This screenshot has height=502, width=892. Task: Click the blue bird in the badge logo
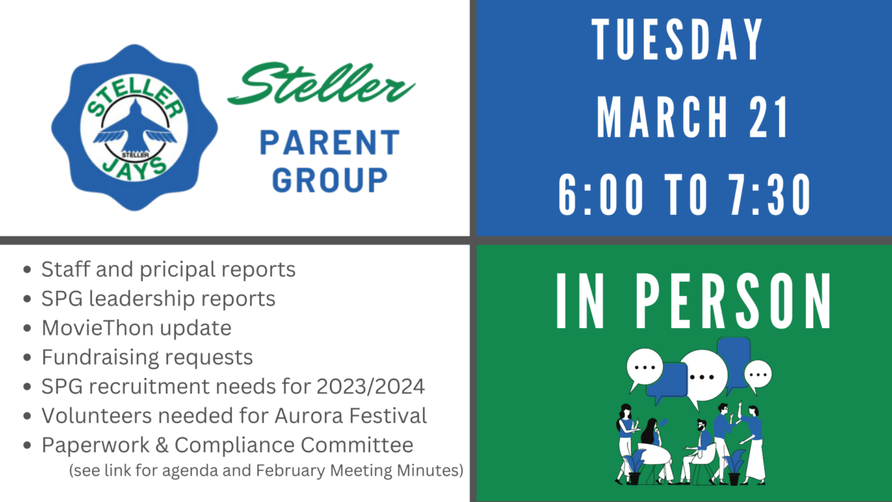point(135,129)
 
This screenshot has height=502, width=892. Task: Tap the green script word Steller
point(321,83)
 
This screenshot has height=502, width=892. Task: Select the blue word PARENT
point(330,142)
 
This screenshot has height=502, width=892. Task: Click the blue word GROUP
point(330,180)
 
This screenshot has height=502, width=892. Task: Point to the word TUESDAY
point(677,39)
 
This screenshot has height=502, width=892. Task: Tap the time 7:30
point(769,195)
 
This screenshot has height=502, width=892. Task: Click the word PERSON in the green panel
point(733,300)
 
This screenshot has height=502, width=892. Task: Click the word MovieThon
point(97,328)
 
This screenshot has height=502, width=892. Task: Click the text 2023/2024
point(370,387)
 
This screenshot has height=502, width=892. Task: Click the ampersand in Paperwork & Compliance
point(162,445)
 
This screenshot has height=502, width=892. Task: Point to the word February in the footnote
point(290,471)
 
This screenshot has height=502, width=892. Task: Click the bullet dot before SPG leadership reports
point(27,299)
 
